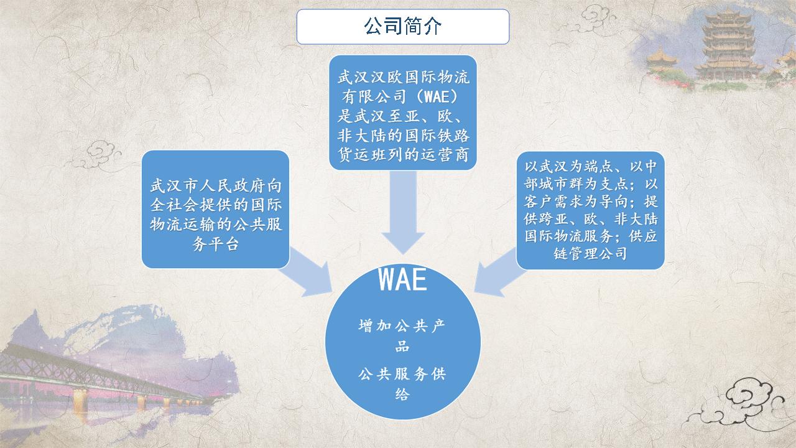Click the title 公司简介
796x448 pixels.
pyautogui.click(x=402, y=26)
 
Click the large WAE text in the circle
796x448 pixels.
pyautogui.click(x=402, y=280)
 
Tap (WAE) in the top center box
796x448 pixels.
pyautogui.click(x=437, y=96)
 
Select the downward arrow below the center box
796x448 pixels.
pyautogui.click(x=403, y=212)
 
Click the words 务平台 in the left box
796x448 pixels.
pyautogui.click(x=215, y=244)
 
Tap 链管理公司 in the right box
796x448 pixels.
pyautogui.click(x=590, y=253)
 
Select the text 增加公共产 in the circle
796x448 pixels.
pyautogui.click(x=402, y=325)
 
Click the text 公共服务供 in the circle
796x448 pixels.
pyautogui.click(x=402, y=374)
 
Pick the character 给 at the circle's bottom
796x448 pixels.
pyautogui.click(x=402, y=394)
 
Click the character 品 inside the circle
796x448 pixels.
pyautogui.click(x=402, y=346)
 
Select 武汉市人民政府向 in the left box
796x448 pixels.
pyautogui.click(x=216, y=185)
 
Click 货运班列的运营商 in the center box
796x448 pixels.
pyautogui.click(x=403, y=155)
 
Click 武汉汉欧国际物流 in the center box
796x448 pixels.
pyautogui.click(x=403, y=77)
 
